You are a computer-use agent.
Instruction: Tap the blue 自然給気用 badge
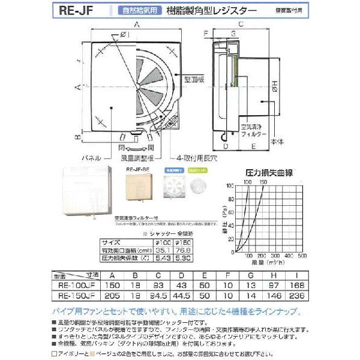click(127, 10)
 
